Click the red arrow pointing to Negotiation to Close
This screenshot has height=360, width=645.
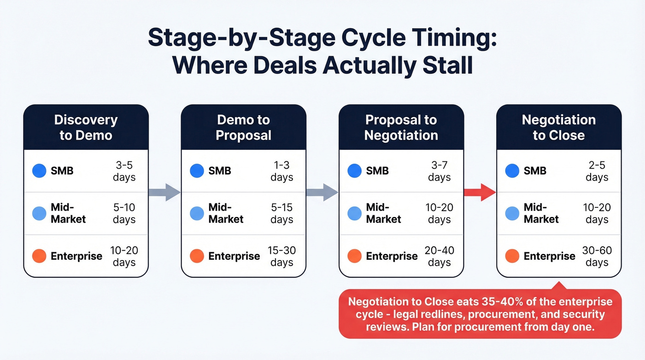point(479,192)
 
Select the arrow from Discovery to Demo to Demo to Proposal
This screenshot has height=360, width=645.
point(164,192)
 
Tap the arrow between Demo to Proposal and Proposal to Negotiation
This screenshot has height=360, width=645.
point(322,192)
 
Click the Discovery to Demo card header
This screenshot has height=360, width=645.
point(86,127)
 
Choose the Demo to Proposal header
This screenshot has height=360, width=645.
point(243,127)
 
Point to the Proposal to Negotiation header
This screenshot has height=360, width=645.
point(401,127)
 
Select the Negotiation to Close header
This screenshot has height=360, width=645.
point(558,127)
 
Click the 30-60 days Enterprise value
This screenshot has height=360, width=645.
point(597,256)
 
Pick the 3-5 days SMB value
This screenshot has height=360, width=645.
point(124,171)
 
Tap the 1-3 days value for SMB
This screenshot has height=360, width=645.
point(281,171)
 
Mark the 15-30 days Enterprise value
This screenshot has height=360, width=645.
point(281,256)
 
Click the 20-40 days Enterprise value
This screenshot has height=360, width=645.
point(439,256)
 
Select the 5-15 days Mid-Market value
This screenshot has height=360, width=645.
point(281,213)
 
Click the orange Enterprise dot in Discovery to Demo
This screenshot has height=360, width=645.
point(39,256)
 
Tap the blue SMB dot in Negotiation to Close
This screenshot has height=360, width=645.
point(512,171)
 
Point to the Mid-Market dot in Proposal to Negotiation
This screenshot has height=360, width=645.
point(355,213)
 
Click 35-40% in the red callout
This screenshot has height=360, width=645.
point(496,302)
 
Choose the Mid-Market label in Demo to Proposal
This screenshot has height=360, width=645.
point(226,213)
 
